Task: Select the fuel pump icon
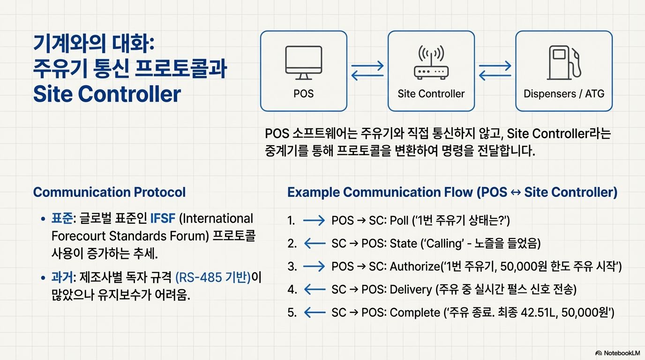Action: [564, 63]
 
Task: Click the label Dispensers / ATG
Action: [564, 93]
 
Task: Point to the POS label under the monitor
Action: [303, 93]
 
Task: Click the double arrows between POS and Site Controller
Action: [367, 70]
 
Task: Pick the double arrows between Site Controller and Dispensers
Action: [495, 70]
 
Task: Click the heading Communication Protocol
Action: [109, 192]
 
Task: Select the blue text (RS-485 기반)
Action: [213, 277]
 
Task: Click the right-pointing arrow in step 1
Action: [314, 220]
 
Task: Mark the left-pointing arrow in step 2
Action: [314, 243]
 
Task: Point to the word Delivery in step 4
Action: [411, 289]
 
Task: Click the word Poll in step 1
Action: [399, 220]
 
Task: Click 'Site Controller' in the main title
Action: [107, 94]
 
